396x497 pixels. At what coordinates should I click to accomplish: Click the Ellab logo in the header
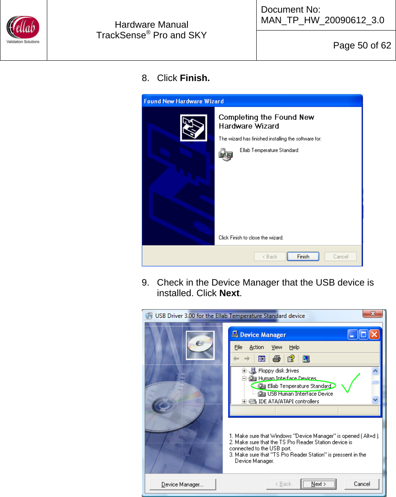point(23,29)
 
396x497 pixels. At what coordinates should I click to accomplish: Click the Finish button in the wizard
point(303,257)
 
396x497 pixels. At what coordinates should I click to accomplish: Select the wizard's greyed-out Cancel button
point(340,257)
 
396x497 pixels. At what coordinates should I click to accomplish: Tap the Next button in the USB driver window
point(318,484)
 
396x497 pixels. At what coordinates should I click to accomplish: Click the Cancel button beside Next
point(361,484)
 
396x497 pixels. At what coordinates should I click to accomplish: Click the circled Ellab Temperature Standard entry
point(299,386)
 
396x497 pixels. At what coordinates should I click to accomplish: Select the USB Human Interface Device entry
point(300,394)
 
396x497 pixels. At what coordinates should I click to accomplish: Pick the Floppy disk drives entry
point(278,371)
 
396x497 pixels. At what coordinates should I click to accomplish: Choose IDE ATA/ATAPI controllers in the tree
point(288,401)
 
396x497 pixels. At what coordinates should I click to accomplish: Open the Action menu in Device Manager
point(257,347)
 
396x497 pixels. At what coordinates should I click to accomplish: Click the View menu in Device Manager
point(277,347)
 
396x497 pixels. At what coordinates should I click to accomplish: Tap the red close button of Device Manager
point(374,334)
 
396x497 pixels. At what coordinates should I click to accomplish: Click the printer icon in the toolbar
point(277,359)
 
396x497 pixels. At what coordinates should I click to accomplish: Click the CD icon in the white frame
point(200,345)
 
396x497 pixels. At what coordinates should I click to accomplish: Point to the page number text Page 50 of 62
point(362,46)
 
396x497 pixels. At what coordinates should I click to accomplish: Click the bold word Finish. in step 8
point(195,78)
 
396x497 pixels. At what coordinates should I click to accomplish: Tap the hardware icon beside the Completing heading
point(194,128)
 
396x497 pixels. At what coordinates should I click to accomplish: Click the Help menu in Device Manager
point(294,347)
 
